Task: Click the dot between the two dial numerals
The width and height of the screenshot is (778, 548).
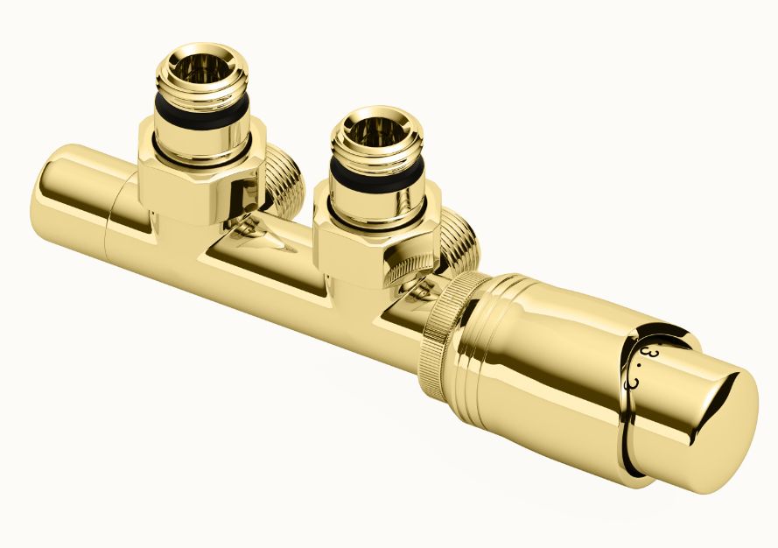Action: pyautogui.click(x=638, y=369)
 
